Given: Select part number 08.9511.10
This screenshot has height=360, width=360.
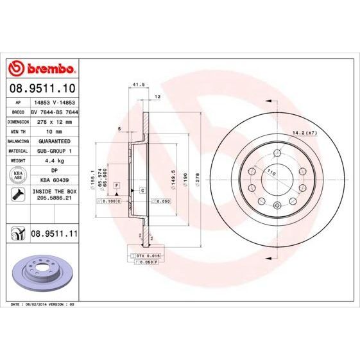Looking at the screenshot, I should pos(42,87).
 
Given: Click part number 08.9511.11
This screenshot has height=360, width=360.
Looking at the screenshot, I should pos(55,235).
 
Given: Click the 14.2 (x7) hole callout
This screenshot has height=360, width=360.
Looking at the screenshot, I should pos(305,132).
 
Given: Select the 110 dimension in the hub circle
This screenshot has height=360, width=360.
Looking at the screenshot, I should pos(271,173).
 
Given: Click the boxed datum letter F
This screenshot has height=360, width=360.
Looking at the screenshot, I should pos(117,185).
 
